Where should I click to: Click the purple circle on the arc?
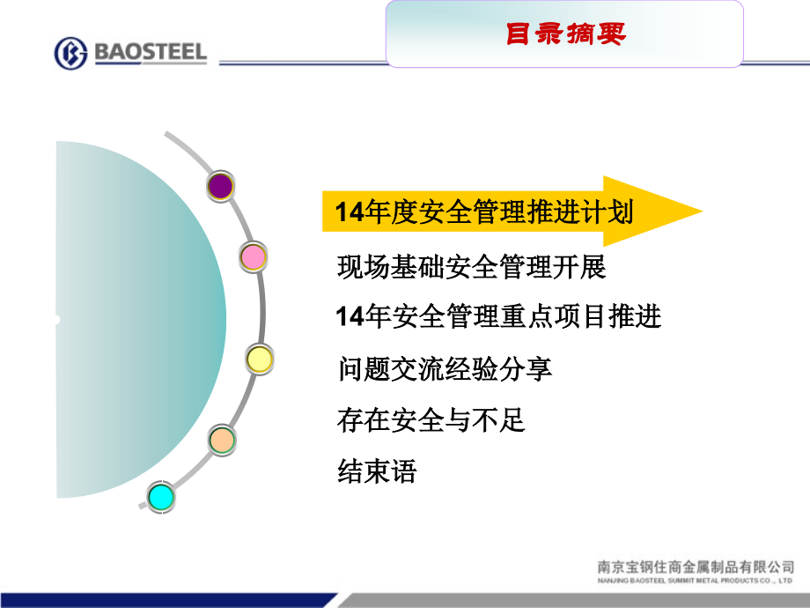(220, 186)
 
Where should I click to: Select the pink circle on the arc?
(254, 257)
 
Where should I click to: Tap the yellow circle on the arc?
(259, 359)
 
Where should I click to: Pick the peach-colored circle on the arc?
(222, 440)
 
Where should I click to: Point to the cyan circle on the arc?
(161, 497)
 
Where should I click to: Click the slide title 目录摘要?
(565, 34)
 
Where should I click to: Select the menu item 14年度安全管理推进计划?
(484, 212)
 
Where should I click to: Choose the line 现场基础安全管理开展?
(472, 266)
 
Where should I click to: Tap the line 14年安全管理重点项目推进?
(498, 316)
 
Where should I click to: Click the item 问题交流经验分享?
(445, 368)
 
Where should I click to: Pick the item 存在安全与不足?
(431, 419)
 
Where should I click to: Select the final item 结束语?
(376, 471)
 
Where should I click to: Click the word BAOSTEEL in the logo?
(148, 53)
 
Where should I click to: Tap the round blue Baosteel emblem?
(70, 54)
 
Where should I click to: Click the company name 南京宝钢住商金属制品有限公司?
(696, 568)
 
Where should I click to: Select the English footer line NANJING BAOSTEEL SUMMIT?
(696, 582)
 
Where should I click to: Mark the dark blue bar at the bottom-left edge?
(167, 601)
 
